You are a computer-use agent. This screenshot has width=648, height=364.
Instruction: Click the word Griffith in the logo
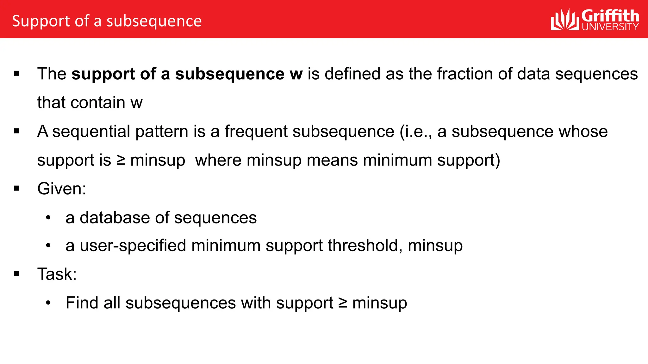click(x=610, y=16)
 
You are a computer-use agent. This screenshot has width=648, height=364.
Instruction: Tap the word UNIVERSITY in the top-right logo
click(x=610, y=27)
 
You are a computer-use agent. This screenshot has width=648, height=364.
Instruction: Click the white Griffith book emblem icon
click(x=565, y=20)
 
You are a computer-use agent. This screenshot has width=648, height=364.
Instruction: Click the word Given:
click(x=62, y=189)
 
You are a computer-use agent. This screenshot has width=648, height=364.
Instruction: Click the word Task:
click(x=57, y=274)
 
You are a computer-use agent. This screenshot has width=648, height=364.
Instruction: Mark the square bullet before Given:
click(x=17, y=189)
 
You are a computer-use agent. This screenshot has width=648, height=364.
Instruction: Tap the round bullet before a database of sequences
click(x=48, y=218)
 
